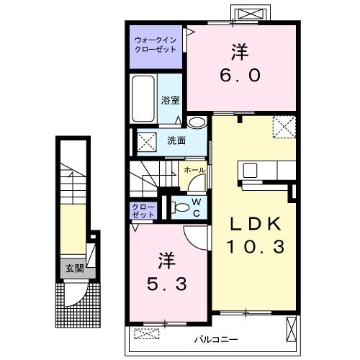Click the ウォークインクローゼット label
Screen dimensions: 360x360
pyautogui.click(x=156, y=45)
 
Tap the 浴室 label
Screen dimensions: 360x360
pyautogui.click(x=170, y=100)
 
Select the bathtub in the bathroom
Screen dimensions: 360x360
pyautogui.click(x=143, y=99)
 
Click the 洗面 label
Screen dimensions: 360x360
pyautogui.click(x=176, y=140)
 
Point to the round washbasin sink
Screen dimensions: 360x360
pyautogui.click(x=197, y=122)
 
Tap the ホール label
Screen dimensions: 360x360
pyautogui.click(x=194, y=170)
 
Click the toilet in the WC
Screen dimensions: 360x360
pyautogui.click(x=181, y=207)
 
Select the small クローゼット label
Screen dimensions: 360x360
pyautogui.click(x=143, y=210)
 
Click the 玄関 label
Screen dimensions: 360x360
pyautogui.click(x=75, y=269)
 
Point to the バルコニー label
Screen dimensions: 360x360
pyautogui.click(x=216, y=339)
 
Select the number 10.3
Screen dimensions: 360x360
pyautogui.click(x=256, y=246)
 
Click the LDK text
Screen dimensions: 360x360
pyautogui.click(x=256, y=224)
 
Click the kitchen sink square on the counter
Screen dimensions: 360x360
pyautogui.click(x=250, y=171)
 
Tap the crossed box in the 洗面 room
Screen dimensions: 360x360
pyautogui.click(x=147, y=142)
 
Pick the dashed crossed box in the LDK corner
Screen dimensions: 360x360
pyautogui.click(x=284, y=127)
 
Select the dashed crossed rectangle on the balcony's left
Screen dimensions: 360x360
pyautogui.click(x=147, y=333)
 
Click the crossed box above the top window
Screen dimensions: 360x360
pyautogui.click(x=251, y=14)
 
